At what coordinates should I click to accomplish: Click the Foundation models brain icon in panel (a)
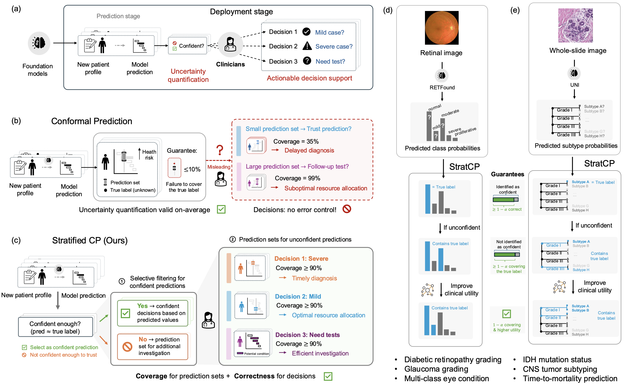coord(39,43)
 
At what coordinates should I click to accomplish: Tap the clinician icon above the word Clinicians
coord(230,44)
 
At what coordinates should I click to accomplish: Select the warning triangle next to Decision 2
coord(307,46)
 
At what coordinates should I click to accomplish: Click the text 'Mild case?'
coord(329,33)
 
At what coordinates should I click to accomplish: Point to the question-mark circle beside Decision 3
coord(307,61)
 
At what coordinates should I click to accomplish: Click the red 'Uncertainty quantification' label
coord(188,76)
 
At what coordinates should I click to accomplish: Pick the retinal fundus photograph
coord(442,28)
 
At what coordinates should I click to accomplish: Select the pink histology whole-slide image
coord(575,25)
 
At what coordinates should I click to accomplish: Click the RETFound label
coord(442,88)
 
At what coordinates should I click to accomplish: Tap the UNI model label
coord(574,85)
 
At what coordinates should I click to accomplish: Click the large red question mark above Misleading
coord(220,150)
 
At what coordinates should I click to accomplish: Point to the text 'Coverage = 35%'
coord(296,141)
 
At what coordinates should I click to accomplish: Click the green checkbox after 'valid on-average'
coord(221,210)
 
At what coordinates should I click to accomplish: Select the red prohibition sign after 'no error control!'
coord(347,209)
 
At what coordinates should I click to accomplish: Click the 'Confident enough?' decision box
coord(55,327)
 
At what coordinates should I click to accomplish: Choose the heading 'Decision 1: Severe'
coord(301,259)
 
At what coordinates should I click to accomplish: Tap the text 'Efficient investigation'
coord(320,353)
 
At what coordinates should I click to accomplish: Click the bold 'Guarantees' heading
coord(508,174)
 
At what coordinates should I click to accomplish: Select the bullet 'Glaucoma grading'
coord(436,369)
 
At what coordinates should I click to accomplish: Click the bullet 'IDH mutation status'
coord(557,360)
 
